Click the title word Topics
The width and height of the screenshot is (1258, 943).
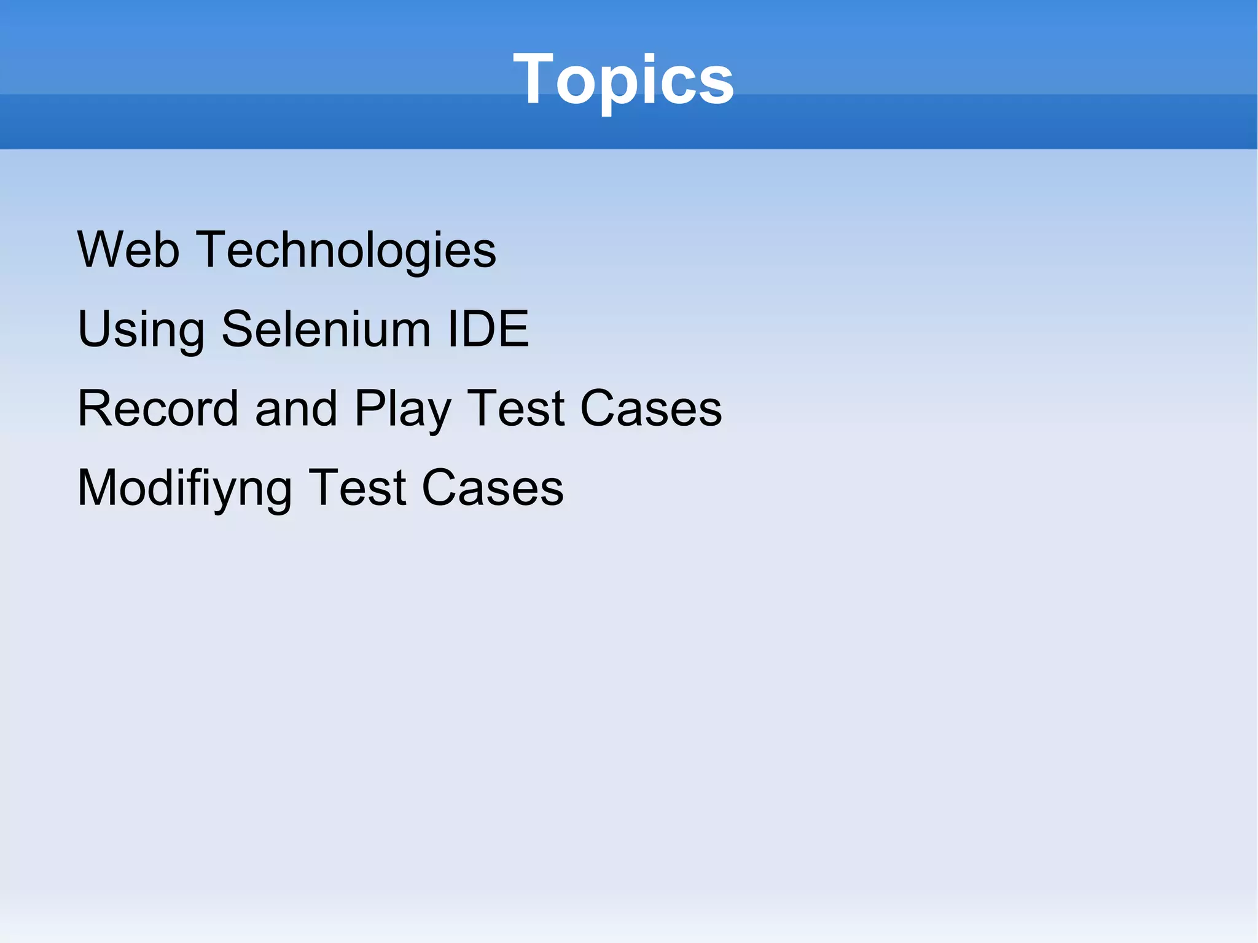tap(623, 79)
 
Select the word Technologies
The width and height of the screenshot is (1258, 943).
tap(346, 251)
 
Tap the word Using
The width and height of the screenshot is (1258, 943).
tap(141, 330)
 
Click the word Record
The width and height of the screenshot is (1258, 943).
tap(158, 409)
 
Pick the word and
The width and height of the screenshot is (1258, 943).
tap(296, 409)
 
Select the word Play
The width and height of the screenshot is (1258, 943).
tap(402, 410)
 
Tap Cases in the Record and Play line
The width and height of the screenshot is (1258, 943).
tap(650, 409)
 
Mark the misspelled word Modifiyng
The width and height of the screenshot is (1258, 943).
tap(184, 489)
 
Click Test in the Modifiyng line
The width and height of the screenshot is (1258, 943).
tap(357, 488)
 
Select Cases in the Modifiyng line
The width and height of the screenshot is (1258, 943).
tap(492, 488)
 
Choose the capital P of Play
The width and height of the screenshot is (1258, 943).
tap(370, 409)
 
